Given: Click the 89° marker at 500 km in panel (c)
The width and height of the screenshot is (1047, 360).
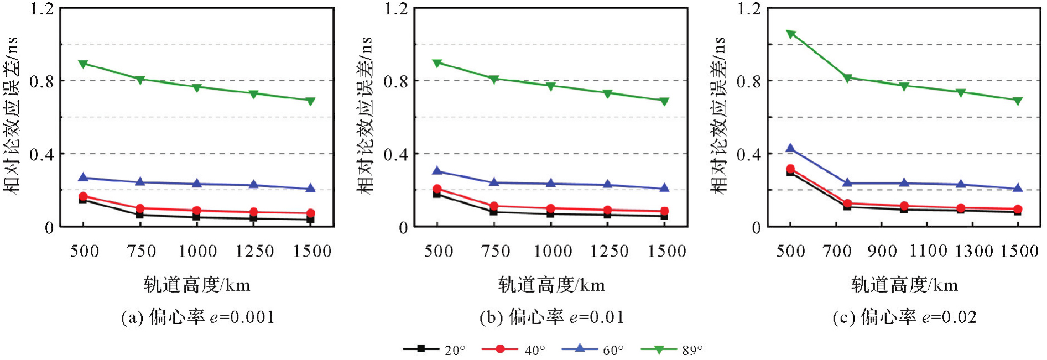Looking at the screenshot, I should click(x=791, y=34).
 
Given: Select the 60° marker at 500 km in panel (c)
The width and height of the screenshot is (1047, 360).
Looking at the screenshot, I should click(x=790, y=148).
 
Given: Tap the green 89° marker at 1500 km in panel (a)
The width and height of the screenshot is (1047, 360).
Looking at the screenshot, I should click(x=310, y=101).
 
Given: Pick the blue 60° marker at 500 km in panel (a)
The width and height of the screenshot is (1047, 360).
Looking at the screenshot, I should click(x=83, y=178).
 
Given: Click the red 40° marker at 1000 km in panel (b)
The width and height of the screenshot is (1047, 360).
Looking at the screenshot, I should click(x=551, y=209).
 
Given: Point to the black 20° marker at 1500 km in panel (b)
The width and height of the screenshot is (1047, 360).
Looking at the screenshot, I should click(x=664, y=216).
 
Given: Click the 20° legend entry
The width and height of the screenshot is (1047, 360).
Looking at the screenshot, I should click(x=435, y=349).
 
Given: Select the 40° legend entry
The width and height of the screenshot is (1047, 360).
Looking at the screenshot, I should click(x=514, y=349).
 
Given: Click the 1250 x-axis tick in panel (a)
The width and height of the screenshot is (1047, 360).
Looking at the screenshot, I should click(x=254, y=252).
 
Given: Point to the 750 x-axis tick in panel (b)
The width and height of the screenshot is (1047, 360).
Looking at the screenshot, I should click(x=496, y=252).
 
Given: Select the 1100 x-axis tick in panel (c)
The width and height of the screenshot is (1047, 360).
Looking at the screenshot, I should click(x=928, y=252).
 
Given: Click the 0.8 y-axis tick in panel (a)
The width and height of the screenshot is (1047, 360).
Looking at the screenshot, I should click(x=41, y=81).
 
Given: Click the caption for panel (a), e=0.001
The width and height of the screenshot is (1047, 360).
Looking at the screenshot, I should click(x=197, y=317).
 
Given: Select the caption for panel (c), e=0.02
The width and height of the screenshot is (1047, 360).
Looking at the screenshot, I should click(x=904, y=317).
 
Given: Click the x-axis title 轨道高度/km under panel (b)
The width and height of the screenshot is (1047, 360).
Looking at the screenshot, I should click(x=551, y=285).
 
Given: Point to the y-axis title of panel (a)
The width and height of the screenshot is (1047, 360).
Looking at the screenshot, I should click(x=12, y=116).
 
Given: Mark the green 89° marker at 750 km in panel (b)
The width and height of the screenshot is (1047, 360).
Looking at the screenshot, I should click(x=494, y=79).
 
